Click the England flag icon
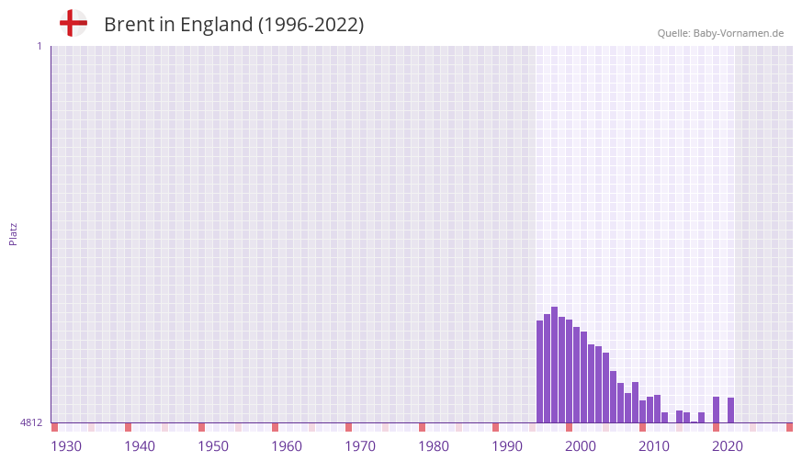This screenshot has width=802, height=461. (x=73, y=23)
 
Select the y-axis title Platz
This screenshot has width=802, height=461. (x=13, y=233)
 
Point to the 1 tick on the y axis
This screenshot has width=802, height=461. (x=39, y=46)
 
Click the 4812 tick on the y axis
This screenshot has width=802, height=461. (x=31, y=422)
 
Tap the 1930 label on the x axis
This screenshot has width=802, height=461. (x=66, y=446)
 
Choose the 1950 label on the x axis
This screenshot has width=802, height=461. (x=213, y=446)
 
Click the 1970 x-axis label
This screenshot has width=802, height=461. (x=360, y=446)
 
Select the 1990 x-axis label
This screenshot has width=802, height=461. (x=507, y=446)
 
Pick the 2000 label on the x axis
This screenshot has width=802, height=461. (x=581, y=446)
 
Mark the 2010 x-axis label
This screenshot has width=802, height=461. (x=654, y=446)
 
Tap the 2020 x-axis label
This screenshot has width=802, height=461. (x=728, y=446)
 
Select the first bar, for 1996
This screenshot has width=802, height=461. (x=539, y=371)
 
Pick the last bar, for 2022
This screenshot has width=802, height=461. (x=730, y=410)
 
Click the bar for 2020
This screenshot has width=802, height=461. (x=716, y=410)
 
